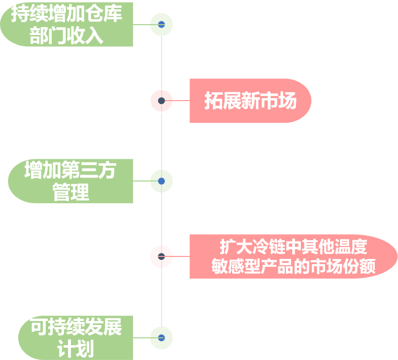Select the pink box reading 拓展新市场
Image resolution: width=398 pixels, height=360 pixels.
[x=250, y=101]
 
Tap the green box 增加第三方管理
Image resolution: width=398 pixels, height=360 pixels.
[x=70, y=181]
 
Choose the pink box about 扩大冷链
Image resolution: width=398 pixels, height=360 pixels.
[x=293, y=256]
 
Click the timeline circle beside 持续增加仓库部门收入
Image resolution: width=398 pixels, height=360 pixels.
[x=161, y=24]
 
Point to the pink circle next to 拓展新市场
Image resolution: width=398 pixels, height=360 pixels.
[x=161, y=101]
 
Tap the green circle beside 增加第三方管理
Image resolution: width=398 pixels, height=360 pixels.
[x=161, y=181]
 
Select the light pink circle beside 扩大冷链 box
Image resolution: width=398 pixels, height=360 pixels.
[x=161, y=256]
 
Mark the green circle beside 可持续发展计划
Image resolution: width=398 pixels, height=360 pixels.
[x=161, y=338]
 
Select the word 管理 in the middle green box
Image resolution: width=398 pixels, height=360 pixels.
[x=70, y=192]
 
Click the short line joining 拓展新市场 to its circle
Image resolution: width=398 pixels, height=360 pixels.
[x=181, y=101]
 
